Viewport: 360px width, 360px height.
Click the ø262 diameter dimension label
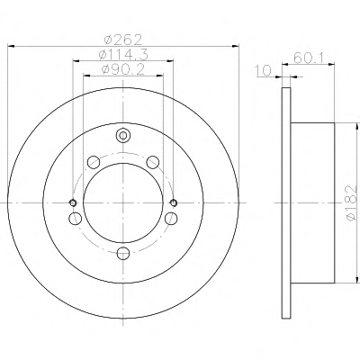click(122, 40)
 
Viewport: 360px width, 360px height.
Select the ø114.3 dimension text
click(123, 54)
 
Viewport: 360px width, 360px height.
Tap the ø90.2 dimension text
click(123, 69)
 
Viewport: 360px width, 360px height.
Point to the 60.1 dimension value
click(308, 58)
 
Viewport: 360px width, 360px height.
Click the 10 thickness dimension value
click(263, 71)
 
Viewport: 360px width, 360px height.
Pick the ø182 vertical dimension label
click(351, 203)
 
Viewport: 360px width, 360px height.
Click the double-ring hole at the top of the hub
click(123, 136)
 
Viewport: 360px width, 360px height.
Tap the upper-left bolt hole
click(94, 162)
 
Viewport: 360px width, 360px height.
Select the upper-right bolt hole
click(153, 162)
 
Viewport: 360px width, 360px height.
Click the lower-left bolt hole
click(75, 219)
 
